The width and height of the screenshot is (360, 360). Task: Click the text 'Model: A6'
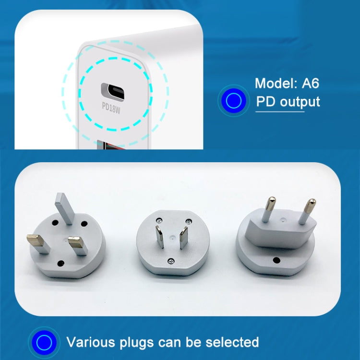tap(287, 83)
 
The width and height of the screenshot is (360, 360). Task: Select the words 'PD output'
tap(288, 101)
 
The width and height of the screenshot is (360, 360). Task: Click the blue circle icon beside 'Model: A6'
tap(234, 100)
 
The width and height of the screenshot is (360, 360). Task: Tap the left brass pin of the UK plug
tap(38, 243)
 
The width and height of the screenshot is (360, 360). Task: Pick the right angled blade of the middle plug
tap(183, 237)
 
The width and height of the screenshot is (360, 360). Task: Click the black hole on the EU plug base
tap(276, 261)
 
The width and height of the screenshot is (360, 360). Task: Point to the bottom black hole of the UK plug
tap(61, 263)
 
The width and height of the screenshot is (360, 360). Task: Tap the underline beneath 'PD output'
tap(279, 112)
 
